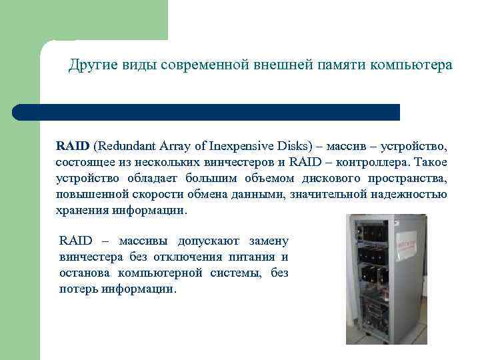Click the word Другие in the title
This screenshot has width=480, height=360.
click(x=91, y=65)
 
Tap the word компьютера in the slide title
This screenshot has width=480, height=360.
click(x=412, y=65)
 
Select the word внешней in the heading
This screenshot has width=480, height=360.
click(x=283, y=65)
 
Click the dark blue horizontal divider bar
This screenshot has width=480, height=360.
click(x=207, y=112)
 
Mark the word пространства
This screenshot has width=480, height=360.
click(x=404, y=178)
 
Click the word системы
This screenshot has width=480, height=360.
click(x=243, y=273)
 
